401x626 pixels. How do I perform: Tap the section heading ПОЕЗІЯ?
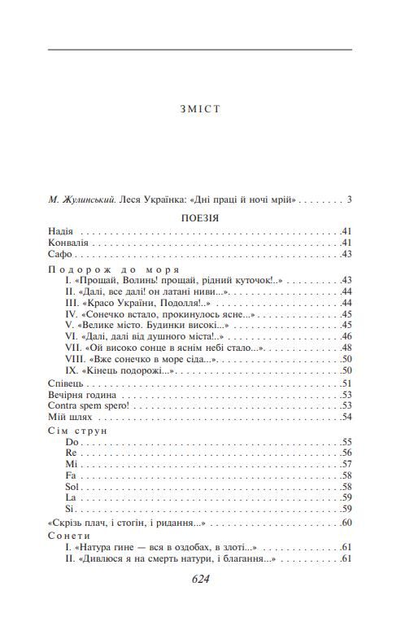tap(199, 218)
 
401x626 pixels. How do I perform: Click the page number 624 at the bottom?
tap(200, 580)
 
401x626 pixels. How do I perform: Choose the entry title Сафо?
tap(59, 255)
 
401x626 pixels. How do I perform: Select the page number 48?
tap(346, 348)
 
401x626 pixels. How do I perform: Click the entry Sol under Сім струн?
tap(71, 486)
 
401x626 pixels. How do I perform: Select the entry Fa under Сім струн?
tap(70, 475)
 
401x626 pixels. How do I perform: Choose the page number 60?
tap(346, 523)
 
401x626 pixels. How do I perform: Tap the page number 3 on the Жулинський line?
tap(348, 199)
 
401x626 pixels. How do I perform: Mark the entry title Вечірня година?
tap(82, 395)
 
